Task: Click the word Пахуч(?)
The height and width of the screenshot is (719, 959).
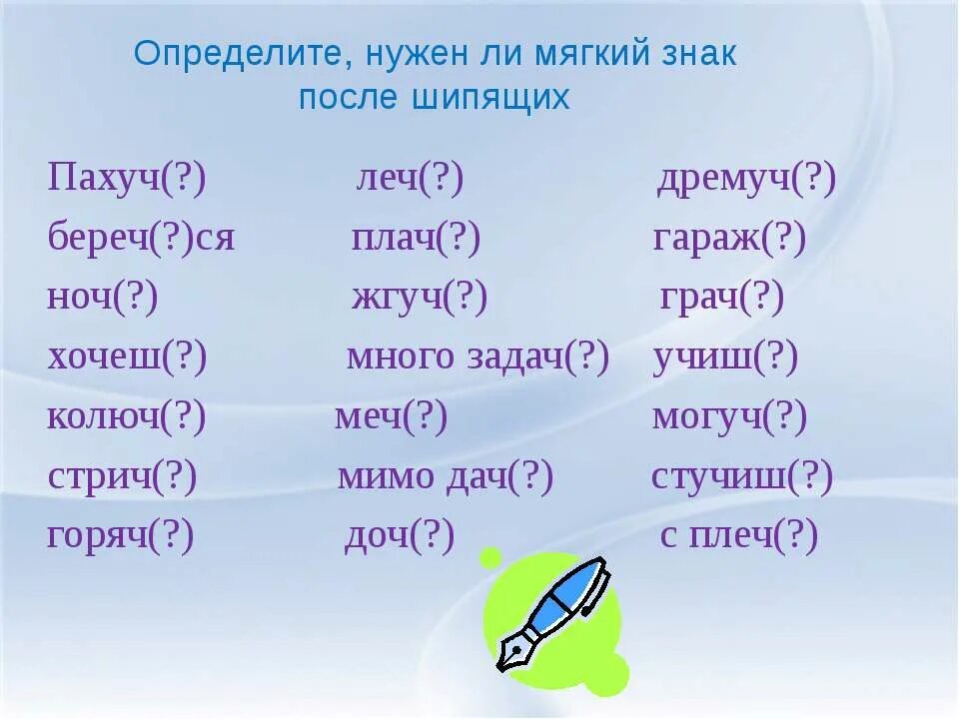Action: coord(127,181)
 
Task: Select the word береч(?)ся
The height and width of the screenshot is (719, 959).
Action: coord(141,240)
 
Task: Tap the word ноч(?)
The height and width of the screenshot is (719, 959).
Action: coord(103,299)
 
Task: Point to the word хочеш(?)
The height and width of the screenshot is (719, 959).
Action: coord(128,358)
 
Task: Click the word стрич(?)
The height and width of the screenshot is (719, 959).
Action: coord(123,477)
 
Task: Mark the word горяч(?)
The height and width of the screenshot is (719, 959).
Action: coord(121,537)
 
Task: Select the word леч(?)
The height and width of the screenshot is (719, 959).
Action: coord(411,181)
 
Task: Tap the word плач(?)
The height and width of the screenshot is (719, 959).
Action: coord(417,240)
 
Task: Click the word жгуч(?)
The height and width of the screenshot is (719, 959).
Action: coord(420,299)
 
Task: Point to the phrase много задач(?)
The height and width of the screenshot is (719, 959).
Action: coord(478,358)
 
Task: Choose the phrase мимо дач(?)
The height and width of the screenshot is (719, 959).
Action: coord(446,477)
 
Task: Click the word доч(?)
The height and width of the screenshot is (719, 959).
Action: coord(400,537)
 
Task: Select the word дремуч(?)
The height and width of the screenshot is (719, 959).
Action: coord(746,181)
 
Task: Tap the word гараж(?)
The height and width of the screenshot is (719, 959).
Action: coord(729,240)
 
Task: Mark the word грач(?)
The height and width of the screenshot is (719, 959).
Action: coord(722,299)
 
